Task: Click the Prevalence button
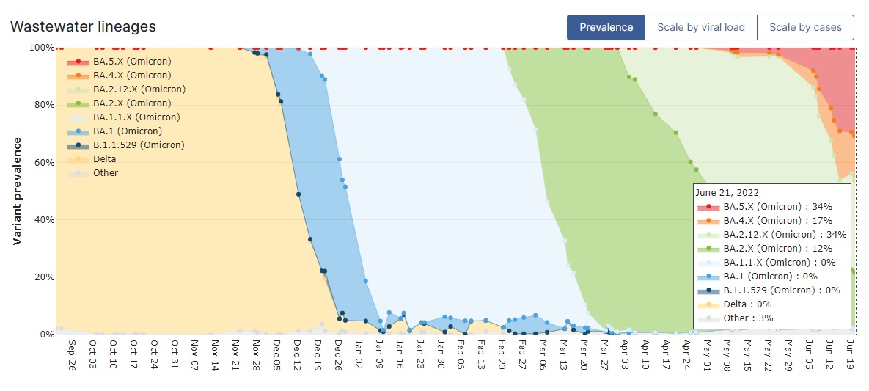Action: point(606,28)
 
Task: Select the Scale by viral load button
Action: point(700,28)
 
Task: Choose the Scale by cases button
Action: point(804,28)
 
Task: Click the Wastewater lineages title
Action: point(83,26)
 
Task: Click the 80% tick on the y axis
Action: point(40,105)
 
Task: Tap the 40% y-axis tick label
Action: point(40,219)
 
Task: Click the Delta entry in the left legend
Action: point(105,158)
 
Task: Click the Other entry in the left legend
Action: point(106,173)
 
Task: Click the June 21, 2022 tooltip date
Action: point(727,192)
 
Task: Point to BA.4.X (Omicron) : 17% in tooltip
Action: point(777,220)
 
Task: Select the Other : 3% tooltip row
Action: point(749,318)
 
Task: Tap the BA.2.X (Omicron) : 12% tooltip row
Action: point(777,248)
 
